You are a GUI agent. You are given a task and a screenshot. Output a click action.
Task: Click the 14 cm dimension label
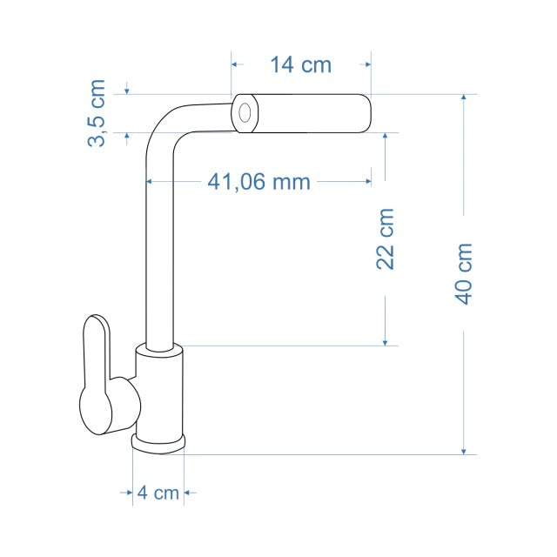pyautogui.click(x=301, y=64)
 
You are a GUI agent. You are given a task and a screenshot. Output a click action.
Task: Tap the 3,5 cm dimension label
pyautogui.click(x=97, y=113)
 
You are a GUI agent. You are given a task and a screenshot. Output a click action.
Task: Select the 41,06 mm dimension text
pyautogui.click(x=259, y=182)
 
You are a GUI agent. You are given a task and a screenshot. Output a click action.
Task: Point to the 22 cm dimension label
pyautogui.click(x=385, y=238)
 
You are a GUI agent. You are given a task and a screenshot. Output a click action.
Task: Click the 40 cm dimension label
pyautogui.click(x=463, y=274)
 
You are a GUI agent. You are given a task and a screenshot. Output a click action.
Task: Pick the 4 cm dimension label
pyautogui.click(x=158, y=493)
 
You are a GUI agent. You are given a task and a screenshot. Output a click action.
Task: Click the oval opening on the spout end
pyautogui.click(x=245, y=113)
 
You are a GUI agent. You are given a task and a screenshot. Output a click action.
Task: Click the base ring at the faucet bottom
pyautogui.click(x=158, y=443)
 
